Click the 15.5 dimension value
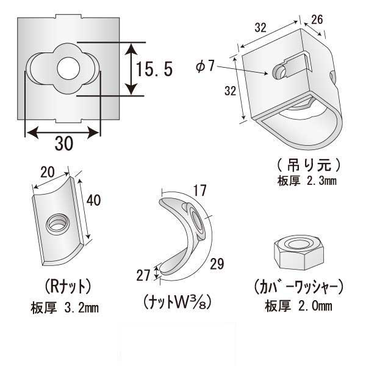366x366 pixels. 155,69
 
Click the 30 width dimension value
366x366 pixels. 63,143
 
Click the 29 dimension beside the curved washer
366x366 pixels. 217,264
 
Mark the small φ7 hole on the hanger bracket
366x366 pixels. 279,73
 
